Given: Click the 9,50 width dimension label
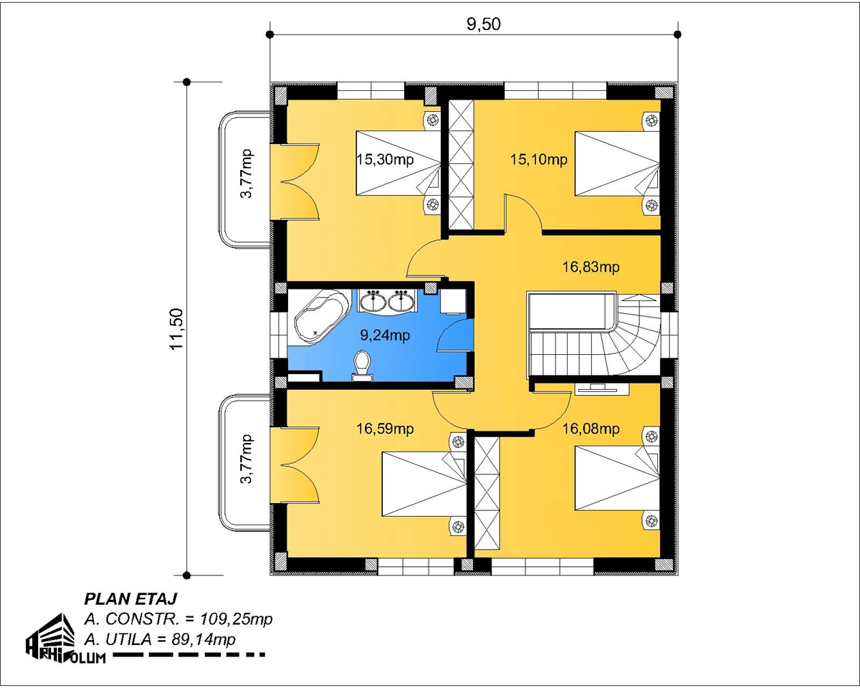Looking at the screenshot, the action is pyautogui.click(x=483, y=25).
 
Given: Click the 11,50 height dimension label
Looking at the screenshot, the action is pyautogui.click(x=176, y=329).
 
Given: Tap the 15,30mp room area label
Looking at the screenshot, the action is pyautogui.click(x=385, y=160).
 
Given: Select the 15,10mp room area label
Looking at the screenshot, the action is pyautogui.click(x=539, y=160).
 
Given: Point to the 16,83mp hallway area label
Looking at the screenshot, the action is pyautogui.click(x=591, y=267).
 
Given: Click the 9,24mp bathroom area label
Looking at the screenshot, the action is pyautogui.click(x=385, y=335).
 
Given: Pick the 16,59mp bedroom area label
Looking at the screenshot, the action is pyautogui.click(x=385, y=429).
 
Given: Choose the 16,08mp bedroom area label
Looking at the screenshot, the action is pyautogui.click(x=591, y=429).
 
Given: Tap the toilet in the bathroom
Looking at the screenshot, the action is pyautogui.click(x=362, y=365).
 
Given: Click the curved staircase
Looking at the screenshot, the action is pyautogui.click(x=594, y=334).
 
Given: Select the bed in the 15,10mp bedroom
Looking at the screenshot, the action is pyautogui.click(x=616, y=163).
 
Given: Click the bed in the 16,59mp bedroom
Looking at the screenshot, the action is pyautogui.click(x=424, y=484).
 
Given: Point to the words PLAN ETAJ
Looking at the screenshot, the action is pyautogui.click(x=130, y=599).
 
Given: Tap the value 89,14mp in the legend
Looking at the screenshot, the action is pyautogui.click(x=204, y=640).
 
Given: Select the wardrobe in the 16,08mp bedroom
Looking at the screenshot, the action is pyautogui.click(x=487, y=493).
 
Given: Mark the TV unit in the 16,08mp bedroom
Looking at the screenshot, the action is pyautogui.click(x=602, y=388).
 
